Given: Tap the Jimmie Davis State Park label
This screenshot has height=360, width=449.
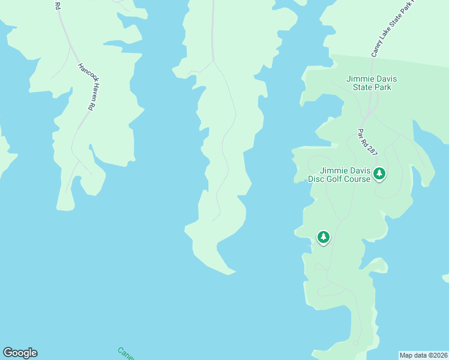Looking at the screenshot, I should click(372, 83).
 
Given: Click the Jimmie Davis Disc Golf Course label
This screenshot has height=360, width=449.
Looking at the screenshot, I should click(340, 174).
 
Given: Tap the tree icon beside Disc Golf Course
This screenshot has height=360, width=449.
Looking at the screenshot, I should click(379, 174).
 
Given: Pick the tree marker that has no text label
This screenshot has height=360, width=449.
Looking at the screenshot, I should click(324, 238).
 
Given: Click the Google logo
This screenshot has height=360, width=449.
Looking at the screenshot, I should click(20, 353).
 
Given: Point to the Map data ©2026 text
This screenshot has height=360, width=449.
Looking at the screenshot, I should click(424, 355).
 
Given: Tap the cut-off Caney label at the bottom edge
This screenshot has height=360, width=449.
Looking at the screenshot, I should click(126, 353).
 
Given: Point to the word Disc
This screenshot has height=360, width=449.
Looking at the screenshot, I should click(317, 179).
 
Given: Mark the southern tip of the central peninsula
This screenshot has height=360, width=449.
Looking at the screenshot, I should click(229, 274).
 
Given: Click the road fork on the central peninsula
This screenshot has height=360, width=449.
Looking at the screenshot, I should click(213, 61).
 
